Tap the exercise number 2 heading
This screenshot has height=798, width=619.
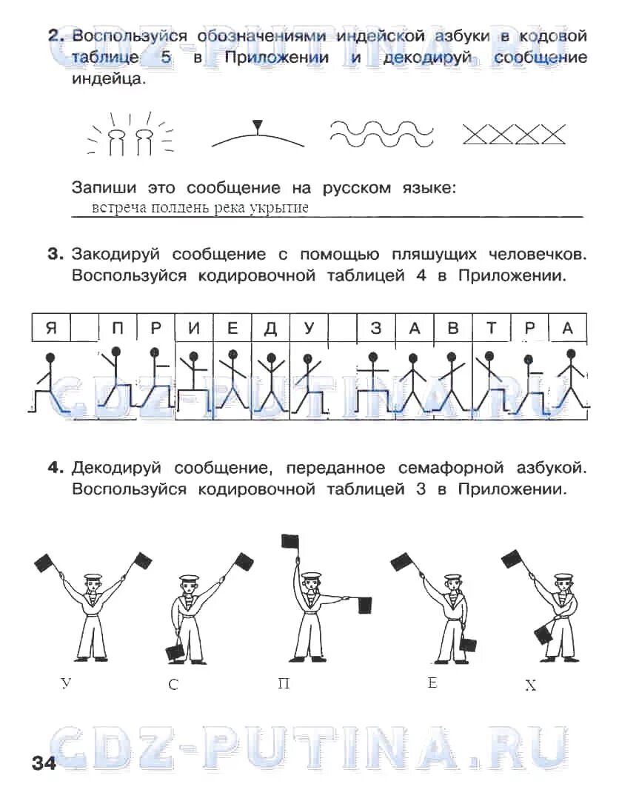[54, 36]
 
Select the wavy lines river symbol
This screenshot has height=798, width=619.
[381, 133]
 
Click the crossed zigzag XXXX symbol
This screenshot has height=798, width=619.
[513, 134]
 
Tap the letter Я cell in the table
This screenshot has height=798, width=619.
[50, 328]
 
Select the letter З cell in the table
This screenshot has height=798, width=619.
[375, 328]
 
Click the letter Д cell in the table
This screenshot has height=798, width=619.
[270, 328]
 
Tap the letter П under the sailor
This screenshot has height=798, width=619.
[284, 683]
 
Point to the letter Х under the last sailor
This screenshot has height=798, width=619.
[530, 686]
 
